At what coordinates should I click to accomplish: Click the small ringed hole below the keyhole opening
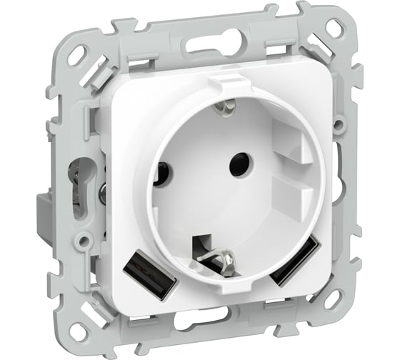pyautogui.click(x=84, y=242)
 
